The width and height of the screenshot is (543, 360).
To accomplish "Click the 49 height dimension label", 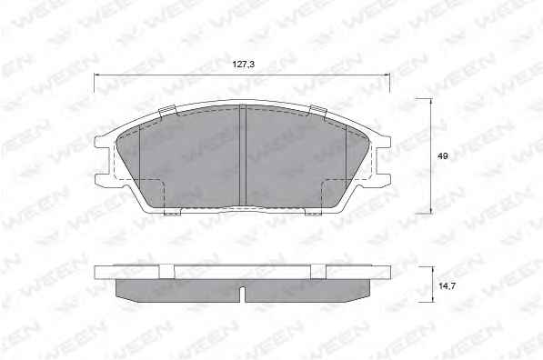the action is pyautogui.click(x=442, y=156).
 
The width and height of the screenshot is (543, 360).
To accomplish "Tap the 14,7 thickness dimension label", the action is pyautogui.click(x=447, y=286).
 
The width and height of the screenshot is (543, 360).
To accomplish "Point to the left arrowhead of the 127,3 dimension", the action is pyautogui.click(x=96, y=74).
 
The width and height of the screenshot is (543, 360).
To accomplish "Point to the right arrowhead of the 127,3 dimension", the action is pyautogui.click(x=387, y=74).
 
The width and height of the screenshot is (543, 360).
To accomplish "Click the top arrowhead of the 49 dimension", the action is pyautogui.click(x=431, y=101).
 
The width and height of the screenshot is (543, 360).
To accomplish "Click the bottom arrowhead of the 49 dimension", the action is pyautogui.click(x=431, y=211).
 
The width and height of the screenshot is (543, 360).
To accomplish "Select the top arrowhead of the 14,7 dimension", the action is pyautogui.click(x=432, y=269).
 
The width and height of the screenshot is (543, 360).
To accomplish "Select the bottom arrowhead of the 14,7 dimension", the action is pyautogui.click(x=432, y=300).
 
